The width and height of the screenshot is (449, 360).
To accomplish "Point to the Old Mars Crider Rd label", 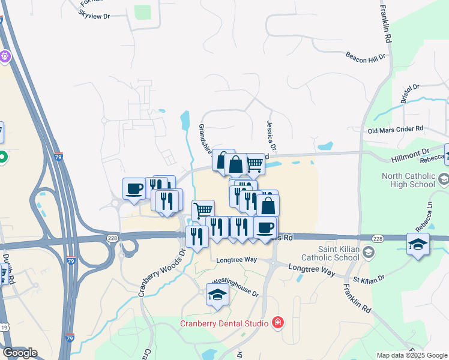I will pos(396,129).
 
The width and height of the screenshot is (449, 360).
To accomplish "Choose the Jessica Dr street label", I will pos(271,135).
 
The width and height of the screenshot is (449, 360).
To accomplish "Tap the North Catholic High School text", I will pos(409,180).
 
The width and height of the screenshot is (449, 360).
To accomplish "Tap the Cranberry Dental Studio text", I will pos(224,324).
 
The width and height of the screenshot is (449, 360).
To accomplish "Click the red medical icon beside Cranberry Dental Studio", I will pos(277,323).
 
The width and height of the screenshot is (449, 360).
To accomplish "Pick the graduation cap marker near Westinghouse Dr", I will pos(217,295).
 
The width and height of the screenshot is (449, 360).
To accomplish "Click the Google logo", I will pos(20,353).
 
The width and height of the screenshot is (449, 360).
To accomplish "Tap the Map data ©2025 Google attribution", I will pos(412,355).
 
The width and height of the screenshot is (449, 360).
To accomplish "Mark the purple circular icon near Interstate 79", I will pos(5,57).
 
